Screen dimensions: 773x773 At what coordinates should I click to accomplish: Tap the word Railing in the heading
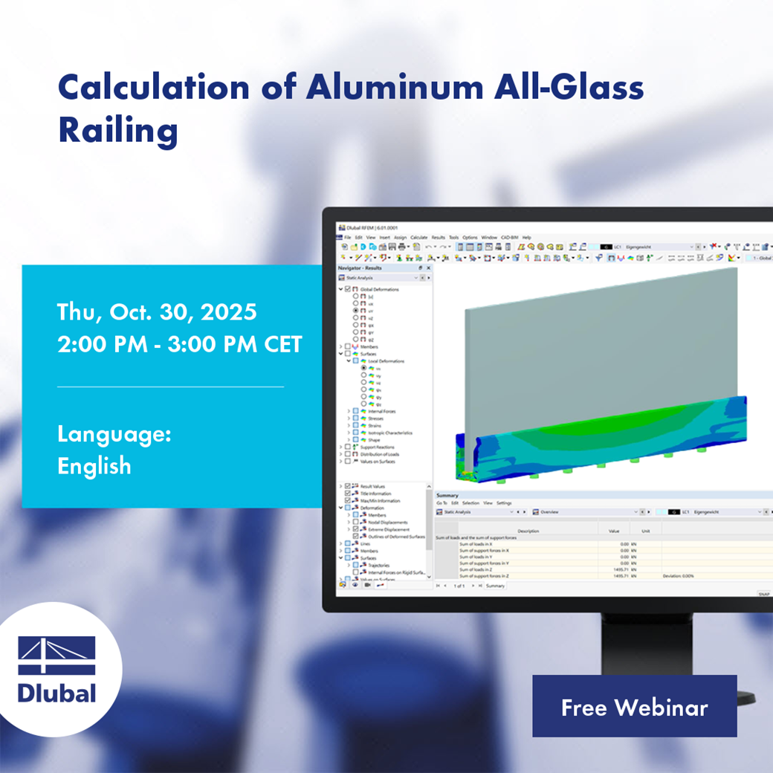tap(117, 131)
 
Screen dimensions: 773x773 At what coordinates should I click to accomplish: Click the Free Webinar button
tap(634, 707)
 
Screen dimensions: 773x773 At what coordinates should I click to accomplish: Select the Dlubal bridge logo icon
tap(57, 655)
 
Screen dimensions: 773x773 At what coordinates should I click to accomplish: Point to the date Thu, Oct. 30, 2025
tap(157, 311)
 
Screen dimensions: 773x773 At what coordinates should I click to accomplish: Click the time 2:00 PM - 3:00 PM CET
tap(179, 344)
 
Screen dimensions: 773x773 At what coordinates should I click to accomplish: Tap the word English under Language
tap(94, 466)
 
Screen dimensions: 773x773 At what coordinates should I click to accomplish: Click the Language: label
tap(114, 434)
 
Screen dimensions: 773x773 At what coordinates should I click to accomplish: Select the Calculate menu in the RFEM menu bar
tap(419, 237)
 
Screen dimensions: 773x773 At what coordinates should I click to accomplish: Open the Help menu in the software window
tap(526, 237)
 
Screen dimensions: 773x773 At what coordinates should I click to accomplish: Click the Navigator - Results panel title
tap(360, 268)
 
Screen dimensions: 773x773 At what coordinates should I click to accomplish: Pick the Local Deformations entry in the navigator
tap(386, 361)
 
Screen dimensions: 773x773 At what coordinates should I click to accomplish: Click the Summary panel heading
tap(447, 495)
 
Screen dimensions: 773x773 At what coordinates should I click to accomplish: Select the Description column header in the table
tap(528, 531)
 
